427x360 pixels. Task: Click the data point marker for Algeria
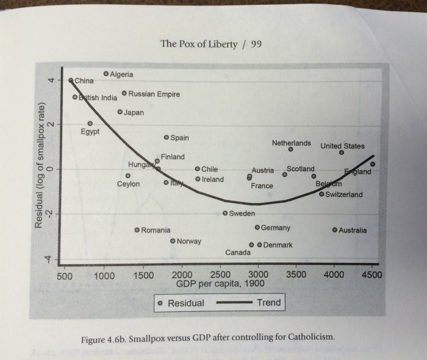point(106,74)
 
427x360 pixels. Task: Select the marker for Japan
point(120,112)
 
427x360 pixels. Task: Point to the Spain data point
point(167,137)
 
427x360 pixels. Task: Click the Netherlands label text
point(292,143)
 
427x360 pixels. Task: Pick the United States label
point(342,146)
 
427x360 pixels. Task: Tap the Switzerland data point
point(321,195)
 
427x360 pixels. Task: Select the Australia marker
point(334,230)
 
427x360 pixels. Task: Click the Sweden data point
point(225,214)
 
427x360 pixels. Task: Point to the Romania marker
point(137,230)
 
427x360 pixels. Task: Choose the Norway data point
point(173,241)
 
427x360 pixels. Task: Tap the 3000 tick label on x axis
point(258,275)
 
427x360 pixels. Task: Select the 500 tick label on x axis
point(65,276)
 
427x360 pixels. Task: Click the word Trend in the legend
point(269,303)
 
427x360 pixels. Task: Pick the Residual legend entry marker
point(160,303)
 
